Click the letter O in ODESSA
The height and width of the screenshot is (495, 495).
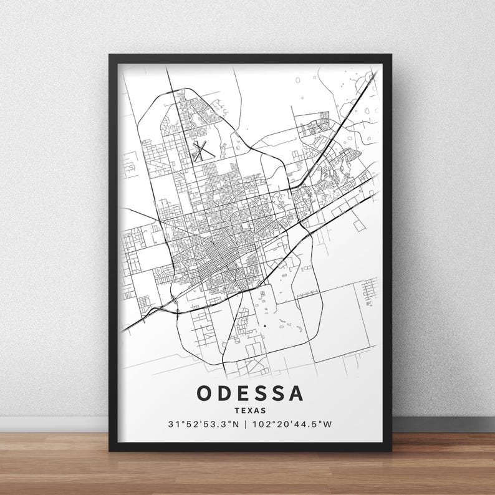[x=205, y=393]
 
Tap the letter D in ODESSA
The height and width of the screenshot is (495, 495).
[x=226, y=393]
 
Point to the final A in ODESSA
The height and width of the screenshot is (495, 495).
[x=297, y=393]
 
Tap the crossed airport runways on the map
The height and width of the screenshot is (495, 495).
[x=201, y=150]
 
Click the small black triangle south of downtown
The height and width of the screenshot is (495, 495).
[x=264, y=325]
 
